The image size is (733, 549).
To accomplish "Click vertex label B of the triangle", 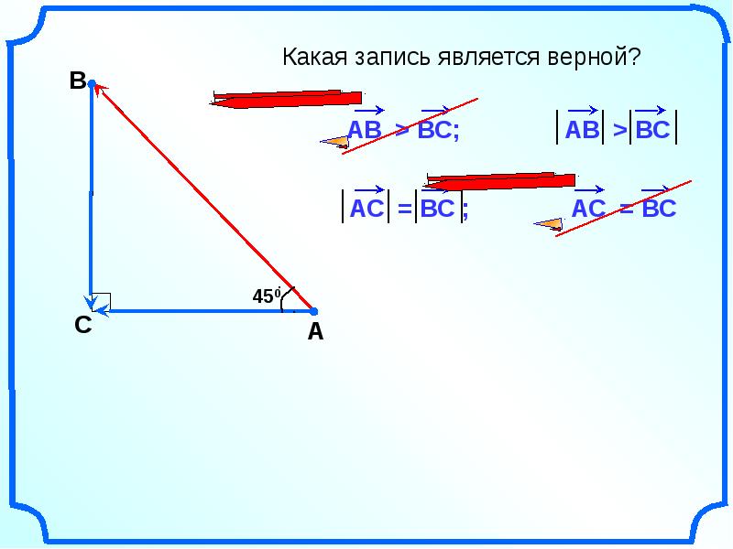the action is pos(77,81).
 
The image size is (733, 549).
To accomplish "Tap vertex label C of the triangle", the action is pos(82,325).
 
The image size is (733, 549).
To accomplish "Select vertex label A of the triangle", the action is pos(315,334).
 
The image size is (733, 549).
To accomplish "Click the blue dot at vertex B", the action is pos(93,84).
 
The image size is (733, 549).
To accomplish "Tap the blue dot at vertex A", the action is pos(312,311).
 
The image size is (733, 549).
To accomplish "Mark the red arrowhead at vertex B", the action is pos(100,89).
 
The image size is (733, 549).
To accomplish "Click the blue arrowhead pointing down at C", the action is pos(91,301).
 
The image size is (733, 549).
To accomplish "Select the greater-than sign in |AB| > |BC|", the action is pos(619,131).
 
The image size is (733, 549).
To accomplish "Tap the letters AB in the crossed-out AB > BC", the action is pos(365,130).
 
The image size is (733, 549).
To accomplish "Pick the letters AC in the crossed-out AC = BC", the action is pos(587,210).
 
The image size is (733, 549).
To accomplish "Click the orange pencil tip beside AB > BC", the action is pos(334,141).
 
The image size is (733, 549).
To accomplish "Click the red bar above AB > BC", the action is pos(285,98).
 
